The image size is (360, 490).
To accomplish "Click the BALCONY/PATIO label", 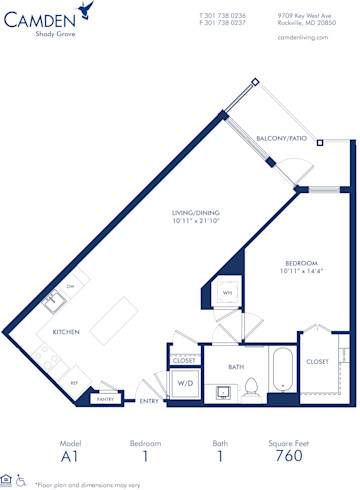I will point(282,138).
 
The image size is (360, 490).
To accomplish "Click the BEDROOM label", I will point(296,263).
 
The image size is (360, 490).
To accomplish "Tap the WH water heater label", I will point(227,293).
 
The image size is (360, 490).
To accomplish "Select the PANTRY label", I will point(105,399).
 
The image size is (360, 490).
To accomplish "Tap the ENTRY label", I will point(149,401).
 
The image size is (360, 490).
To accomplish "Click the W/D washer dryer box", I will point(185,383).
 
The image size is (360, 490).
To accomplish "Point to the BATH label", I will point(235,366).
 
